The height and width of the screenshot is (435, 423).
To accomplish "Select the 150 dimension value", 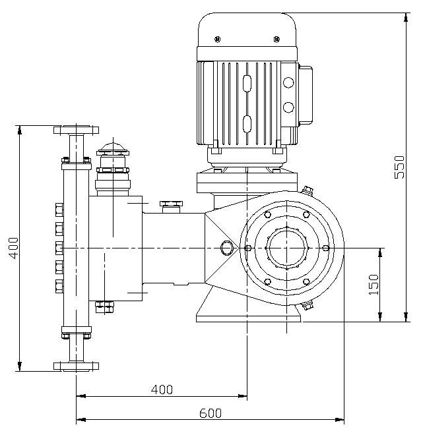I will click(x=374, y=285).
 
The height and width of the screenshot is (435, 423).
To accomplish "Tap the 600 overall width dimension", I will click(x=211, y=413).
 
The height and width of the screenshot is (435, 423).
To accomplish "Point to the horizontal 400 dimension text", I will click(x=162, y=390).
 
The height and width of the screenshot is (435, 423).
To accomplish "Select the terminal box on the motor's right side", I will click(x=304, y=95).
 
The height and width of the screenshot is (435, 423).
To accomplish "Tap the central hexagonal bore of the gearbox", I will click(x=286, y=248).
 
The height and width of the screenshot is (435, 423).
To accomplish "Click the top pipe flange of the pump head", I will click(x=76, y=129).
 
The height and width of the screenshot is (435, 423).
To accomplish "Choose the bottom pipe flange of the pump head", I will click(x=76, y=366).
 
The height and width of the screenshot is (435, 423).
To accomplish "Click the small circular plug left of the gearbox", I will click(x=227, y=248).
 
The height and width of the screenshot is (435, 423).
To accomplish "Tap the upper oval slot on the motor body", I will click(x=247, y=84).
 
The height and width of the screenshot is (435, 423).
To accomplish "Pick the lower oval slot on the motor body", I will click(x=247, y=124).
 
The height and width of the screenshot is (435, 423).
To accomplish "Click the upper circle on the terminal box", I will click(x=288, y=83).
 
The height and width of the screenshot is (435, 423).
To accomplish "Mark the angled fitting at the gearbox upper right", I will click(x=307, y=191).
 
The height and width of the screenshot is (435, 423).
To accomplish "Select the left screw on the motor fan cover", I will click(x=217, y=40).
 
